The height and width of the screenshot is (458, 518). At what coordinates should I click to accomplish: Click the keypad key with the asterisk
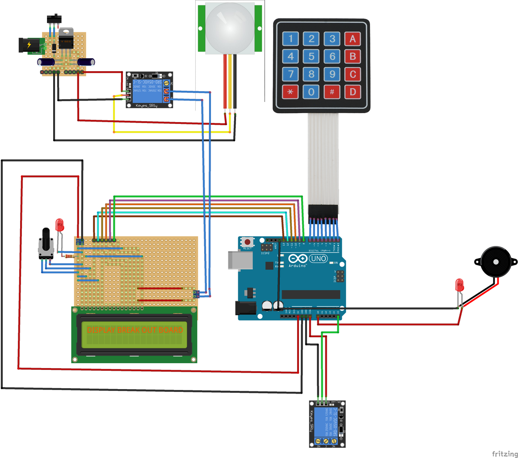(x=291, y=92)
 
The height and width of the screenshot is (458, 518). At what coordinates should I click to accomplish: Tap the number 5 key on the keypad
(x=312, y=56)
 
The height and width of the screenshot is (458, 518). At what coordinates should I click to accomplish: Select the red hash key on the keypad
(x=332, y=92)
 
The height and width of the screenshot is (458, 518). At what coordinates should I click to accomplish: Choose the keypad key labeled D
(x=353, y=92)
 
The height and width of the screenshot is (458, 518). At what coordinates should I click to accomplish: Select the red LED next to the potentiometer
(x=59, y=225)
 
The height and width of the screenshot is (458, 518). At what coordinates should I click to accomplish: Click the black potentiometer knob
(x=46, y=242)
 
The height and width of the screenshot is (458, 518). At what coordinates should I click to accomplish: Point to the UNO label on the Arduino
(x=318, y=258)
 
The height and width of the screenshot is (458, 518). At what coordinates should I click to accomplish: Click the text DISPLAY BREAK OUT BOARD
(x=135, y=330)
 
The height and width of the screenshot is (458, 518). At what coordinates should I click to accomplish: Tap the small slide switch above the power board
(x=54, y=18)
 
